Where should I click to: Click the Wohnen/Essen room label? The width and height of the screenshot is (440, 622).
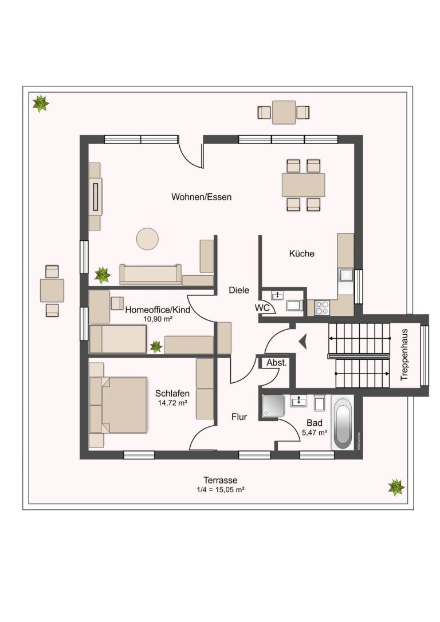(x=201, y=197)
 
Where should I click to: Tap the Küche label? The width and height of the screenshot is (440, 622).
(x=302, y=253)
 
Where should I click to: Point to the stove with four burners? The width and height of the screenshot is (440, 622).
(x=321, y=308)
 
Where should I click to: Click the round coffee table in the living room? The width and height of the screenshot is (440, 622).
(x=147, y=239)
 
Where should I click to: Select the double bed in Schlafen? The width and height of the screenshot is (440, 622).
(x=119, y=405)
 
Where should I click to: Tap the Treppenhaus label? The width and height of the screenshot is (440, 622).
(x=404, y=355)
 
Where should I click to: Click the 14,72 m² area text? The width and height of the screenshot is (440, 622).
(x=172, y=403)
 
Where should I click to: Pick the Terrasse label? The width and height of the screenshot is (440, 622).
(x=221, y=480)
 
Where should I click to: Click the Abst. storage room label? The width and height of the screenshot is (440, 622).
(x=276, y=363)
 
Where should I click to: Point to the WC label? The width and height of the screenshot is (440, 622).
(x=262, y=308)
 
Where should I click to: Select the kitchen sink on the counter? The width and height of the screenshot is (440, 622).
(x=345, y=275)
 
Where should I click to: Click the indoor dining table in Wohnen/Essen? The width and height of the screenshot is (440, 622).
(x=304, y=185)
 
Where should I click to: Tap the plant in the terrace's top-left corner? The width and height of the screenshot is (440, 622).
(x=41, y=104)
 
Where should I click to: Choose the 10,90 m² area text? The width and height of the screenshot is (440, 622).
(x=158, y=319)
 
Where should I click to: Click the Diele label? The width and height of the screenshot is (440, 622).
(x=239, y=290)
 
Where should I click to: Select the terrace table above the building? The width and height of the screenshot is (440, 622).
(x=284, y=112)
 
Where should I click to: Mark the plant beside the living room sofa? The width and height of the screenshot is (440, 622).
(x=103, y=275)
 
